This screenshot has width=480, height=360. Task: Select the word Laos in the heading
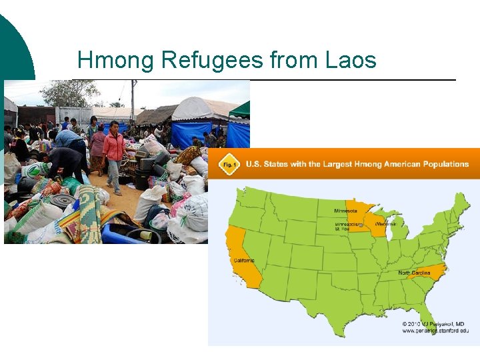(351, 61)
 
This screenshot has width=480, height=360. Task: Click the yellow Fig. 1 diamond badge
(229, 164)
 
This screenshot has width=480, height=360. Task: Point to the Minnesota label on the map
(345, 211)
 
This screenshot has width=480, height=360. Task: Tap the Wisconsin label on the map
(385, 224)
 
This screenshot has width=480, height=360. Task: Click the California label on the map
(244, 260)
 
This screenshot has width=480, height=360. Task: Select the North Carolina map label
(415, 273)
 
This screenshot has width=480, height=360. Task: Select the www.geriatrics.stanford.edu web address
(435, 331)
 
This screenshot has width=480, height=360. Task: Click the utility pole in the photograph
(133, 100)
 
